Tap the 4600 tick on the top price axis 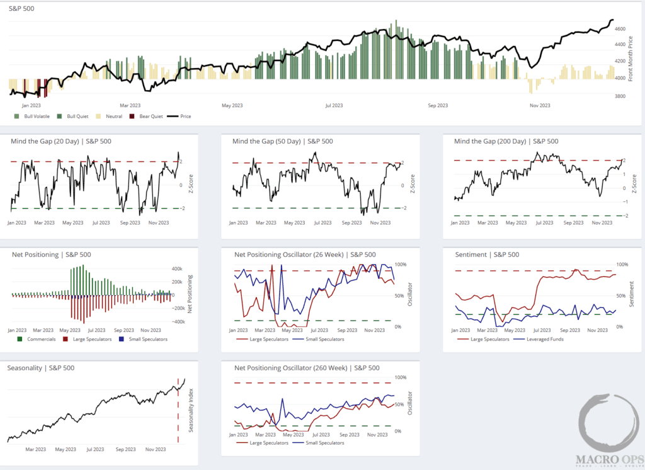[620, 29]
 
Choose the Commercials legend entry [38, 339]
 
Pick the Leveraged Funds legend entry [539, 339]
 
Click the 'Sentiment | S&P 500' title [486, 255]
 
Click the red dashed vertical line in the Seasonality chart [178, 416]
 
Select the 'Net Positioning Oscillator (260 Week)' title [306, 368]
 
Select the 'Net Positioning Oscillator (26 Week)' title [305, 255]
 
